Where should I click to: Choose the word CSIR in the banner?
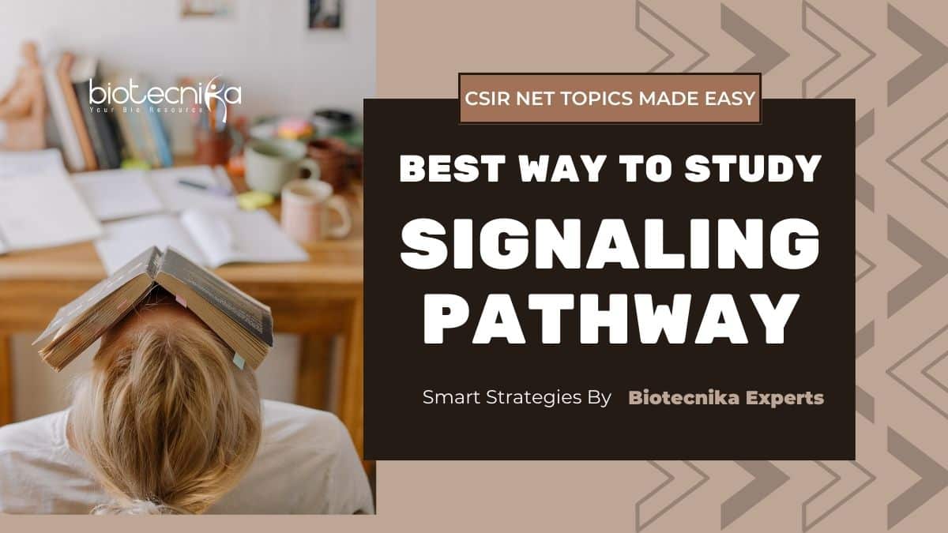487,98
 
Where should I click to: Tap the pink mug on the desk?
315,210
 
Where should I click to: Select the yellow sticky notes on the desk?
254,200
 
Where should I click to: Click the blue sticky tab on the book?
239,360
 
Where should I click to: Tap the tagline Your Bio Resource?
146,110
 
